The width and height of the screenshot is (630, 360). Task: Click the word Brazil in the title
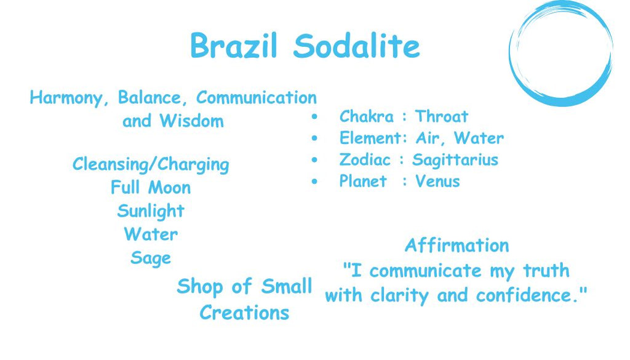[x=234, y=46]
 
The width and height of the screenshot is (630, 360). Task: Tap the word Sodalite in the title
[x=357, y=46]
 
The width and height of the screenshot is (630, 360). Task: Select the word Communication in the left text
[x=257, y=97]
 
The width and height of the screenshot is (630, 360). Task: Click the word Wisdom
[x=192, y=121]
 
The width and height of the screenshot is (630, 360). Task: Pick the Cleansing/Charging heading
[x=151, y=164]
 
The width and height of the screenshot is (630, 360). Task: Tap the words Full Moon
[x=151, y=187]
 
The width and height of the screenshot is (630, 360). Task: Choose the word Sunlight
[x=151, y=211]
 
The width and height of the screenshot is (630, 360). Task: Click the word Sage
[x=151, y=258]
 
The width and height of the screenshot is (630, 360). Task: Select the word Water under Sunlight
[x=151, y=234]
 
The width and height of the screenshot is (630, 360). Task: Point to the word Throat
[x=442, y=116]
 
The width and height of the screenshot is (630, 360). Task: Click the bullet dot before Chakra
[x=314, y=117]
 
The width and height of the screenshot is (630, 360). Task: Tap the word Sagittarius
[x=455, y=160]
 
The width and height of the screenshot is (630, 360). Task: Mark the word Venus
[x=437, y=181]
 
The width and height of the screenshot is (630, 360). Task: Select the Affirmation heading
[x=457, y=246]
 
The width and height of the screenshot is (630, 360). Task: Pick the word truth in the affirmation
[x=546, y=270]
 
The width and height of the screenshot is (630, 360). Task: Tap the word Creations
[x=244, y=313]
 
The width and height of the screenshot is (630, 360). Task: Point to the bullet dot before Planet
[x=314, y=182]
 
